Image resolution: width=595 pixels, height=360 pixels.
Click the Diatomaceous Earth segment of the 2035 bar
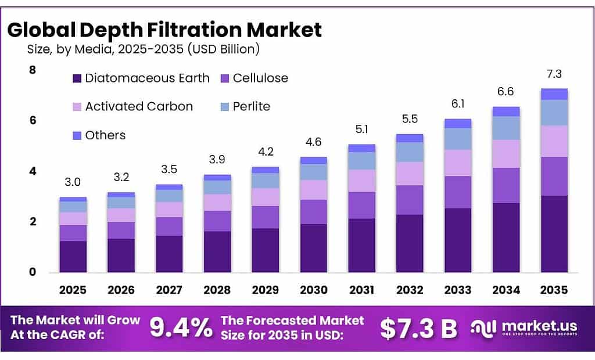pos(554,234)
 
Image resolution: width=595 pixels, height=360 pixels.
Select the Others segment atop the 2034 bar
pos(506,111)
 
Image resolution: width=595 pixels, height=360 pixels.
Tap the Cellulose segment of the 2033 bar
pos(457,192)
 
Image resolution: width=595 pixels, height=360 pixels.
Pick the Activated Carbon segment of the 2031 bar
pos(361,181)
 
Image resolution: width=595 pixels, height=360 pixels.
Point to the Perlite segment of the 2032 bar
pos(409,152)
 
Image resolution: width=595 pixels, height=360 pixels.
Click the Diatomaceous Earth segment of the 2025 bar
pos(73,257)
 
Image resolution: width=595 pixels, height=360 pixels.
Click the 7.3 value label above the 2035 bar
pos(554,74)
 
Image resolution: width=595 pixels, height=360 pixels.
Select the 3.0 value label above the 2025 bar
pos(73,182)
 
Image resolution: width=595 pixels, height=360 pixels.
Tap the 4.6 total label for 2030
pos(313,142)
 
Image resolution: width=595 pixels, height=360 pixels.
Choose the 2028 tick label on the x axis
pos(217,290)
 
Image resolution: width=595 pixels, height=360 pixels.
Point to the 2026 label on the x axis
pos(121,290)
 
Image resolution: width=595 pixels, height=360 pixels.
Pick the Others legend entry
pos(105,135)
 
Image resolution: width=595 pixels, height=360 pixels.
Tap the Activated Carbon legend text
pos(139,106)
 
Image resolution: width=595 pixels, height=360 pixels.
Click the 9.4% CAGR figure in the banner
pos(181,328)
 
